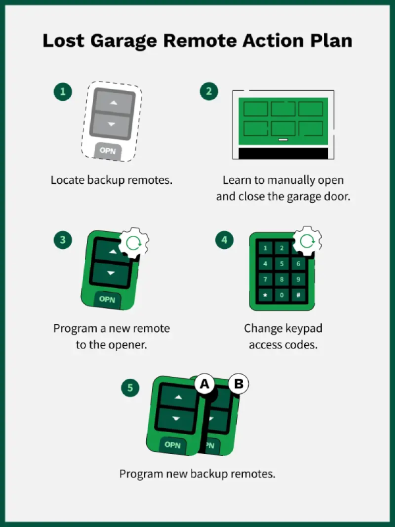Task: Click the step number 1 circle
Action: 63,92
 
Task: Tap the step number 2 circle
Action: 209,92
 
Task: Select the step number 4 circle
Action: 224,240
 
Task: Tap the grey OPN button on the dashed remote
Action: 107,151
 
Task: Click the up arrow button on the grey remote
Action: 111,103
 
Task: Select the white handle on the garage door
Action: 283,140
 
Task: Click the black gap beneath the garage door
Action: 283,153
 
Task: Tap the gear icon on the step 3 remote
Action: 134,243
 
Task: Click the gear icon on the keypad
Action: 306,241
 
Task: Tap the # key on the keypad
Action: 298,294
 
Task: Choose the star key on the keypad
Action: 266,294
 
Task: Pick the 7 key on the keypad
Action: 266,279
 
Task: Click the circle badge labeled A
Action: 205,383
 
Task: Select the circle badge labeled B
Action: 238,383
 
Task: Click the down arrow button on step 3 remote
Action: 111,272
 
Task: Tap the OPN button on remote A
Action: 172,445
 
